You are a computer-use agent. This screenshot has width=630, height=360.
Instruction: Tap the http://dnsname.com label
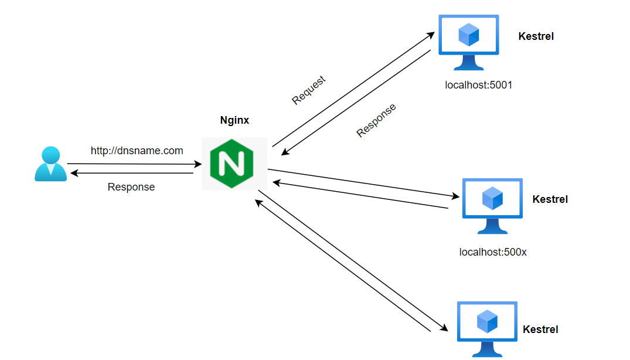137,151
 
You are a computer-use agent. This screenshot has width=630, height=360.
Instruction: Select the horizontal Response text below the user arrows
131,187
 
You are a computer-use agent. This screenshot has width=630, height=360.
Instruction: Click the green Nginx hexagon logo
231,164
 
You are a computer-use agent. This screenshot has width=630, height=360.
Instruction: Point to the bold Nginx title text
234,120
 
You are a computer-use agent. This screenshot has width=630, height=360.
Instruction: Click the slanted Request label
308,90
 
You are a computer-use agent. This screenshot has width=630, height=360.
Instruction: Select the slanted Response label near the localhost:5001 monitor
376,120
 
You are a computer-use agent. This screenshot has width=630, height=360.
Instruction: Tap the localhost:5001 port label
478,85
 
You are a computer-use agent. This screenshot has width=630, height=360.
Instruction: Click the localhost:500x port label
493,253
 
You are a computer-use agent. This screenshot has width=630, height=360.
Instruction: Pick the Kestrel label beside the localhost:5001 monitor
536,36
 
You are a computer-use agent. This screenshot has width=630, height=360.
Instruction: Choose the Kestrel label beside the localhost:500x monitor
550,199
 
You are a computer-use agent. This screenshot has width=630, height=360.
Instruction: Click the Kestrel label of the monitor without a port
540,330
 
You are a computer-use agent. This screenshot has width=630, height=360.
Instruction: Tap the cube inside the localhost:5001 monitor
469,35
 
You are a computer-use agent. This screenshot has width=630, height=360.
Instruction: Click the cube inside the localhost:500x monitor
492,198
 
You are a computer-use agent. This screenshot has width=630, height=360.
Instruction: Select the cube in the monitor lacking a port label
487,321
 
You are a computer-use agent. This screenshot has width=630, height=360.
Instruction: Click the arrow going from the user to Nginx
134,164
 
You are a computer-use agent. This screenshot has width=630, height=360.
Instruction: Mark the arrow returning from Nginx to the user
132,173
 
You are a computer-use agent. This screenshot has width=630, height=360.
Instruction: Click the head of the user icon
51,155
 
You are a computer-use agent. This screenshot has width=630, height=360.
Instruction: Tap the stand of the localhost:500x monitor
492,226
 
